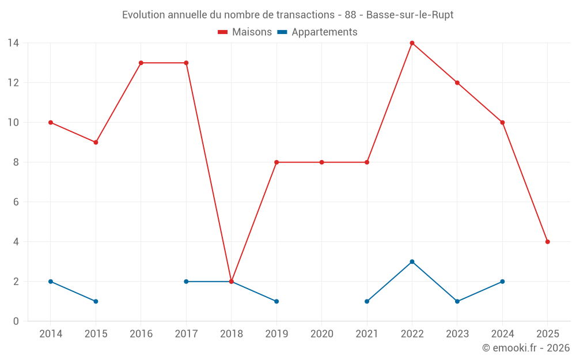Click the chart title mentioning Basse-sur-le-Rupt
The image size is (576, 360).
click(x=287, y=15)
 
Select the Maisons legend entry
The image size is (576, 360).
click(x=245, y=32)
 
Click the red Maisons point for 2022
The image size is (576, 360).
click(x=412, y=43)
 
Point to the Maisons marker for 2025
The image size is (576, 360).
click(x=547, y=242)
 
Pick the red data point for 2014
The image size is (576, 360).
click(x=51, y=123)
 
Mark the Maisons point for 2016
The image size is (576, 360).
click(x=141, y=63)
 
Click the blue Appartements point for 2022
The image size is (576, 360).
click(x=412, y=262)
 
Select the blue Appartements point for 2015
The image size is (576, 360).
click(x=96, y=301)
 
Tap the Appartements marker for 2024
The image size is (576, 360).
click(x=502, y=282)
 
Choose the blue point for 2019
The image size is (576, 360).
click(x=276, y=301)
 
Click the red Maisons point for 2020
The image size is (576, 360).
click(x=321, y=162)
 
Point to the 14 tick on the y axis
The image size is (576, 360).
click(x=13, y=43)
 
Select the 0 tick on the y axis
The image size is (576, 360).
click(x=16, y=321)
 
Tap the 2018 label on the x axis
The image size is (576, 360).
click(x=231, y=334)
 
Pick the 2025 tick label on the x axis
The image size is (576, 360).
click(x=547, y=334)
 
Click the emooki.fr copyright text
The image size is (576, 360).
click(x=526, y=348)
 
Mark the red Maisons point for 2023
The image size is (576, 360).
click(x=457, y=83)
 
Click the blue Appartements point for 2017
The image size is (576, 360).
click(x=186, y=282)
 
